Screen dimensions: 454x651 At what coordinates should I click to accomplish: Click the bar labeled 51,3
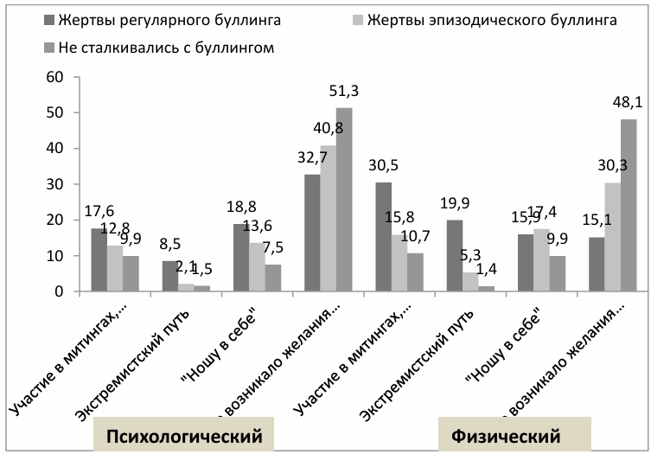(345, 200)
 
